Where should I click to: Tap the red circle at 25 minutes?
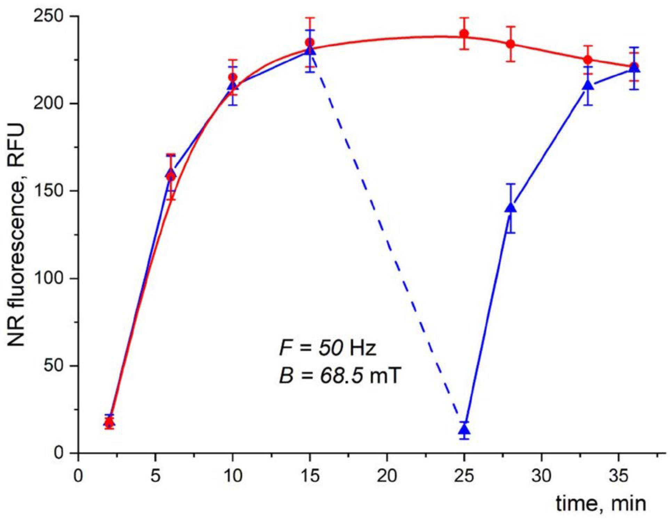(464, 34)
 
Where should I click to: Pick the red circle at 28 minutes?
(510, 44)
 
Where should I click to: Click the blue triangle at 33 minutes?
(588, 85)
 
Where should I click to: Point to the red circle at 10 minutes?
(232, 77)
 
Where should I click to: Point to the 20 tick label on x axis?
(387, 476)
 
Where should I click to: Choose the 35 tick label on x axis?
(619, 476)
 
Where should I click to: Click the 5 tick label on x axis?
(155, 476)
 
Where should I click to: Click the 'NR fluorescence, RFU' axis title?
(16, 235)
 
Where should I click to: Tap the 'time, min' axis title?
(601, 504)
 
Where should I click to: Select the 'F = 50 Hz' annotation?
(327, 348)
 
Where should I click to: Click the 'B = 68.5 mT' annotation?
(340, 376)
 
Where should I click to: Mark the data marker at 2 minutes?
(109, 422)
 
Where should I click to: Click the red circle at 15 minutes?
(310, 42)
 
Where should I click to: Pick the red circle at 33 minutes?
(588, 60)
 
